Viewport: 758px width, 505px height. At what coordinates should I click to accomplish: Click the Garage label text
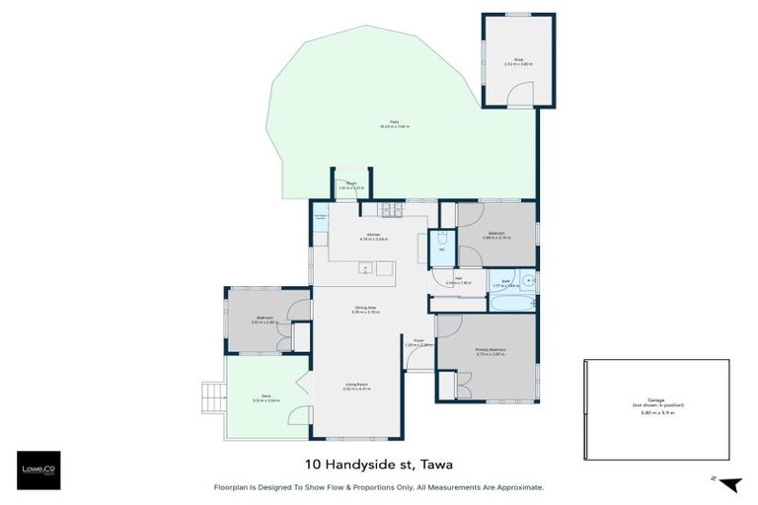[x=656, y=403]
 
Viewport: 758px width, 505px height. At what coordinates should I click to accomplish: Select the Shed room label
[x=517, y=61]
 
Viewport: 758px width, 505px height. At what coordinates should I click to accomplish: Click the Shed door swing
[x=519, y=95]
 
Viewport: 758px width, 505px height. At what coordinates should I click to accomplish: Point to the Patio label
[x=394, y=124]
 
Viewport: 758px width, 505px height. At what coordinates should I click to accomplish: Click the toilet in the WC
[x=443, y=240]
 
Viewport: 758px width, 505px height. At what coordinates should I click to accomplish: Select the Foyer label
[x=418, y=341]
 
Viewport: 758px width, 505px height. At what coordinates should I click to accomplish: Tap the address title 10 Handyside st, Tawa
[x=377, y=464]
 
